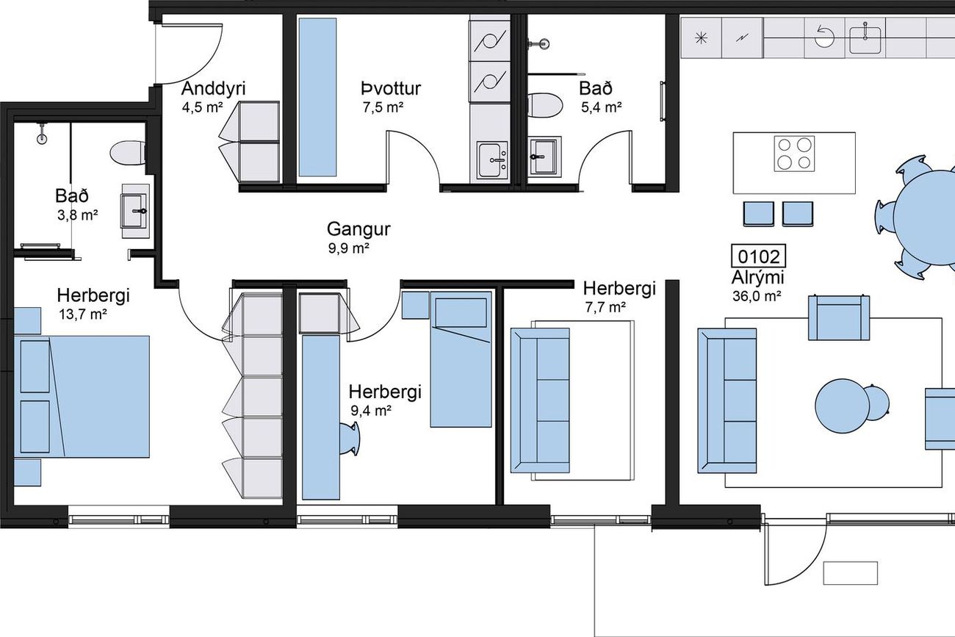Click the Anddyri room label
tap(213, 89)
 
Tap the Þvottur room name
tap(391, 89)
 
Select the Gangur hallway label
tap(358, 230)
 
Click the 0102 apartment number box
tap(758, 256)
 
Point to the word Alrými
tap(757, 278)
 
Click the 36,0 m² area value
tap(757, 296)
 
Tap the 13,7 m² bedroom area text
tap(83, 314)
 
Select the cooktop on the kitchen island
tap(794, 154)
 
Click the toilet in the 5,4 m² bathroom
tap(544, 105)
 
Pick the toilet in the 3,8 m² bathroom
tap(127, 153)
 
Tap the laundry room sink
tap(492, 160)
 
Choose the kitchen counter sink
tap(865, 40)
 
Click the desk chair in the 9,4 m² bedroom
tap(350, 439)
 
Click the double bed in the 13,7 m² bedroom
tap(82, 397)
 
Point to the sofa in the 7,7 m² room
tap(540, 400)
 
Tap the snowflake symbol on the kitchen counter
tap(701, 38)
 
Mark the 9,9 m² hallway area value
tap(348, 248)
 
